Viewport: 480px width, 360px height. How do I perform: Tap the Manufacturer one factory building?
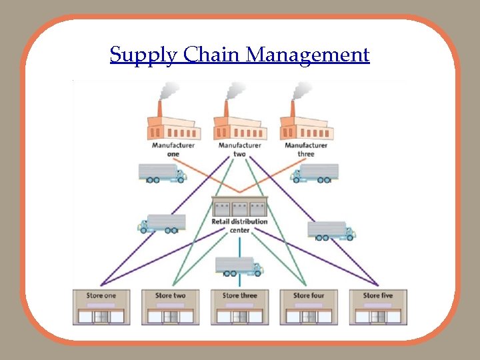(x=173, y=126)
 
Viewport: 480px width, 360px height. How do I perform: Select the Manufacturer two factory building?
(x=239, y=126)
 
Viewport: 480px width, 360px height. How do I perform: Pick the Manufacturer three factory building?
(x=306, y=126)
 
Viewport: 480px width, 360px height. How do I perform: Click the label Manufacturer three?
(x=306, y=149)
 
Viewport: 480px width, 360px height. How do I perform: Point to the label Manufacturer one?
(x=173, y=149)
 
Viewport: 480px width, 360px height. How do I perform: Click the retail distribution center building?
(x=239, y=207)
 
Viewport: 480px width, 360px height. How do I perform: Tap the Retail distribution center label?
(x=239, y=225)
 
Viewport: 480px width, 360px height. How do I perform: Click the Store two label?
(x=170, y=295)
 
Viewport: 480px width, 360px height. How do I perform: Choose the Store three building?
(x=239, y=311)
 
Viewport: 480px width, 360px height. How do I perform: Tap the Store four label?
(x=309, y=295)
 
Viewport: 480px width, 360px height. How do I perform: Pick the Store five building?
(x=378, y=311)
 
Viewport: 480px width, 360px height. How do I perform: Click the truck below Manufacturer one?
(x=162, y=173)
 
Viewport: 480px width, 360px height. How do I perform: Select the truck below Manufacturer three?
(x=315, y=173)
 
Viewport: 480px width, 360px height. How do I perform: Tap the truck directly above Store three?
(x=239, y=266)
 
